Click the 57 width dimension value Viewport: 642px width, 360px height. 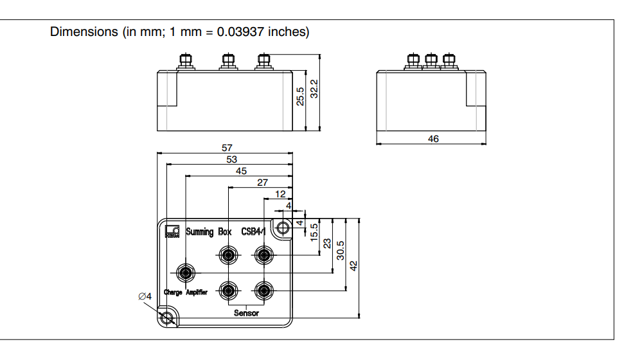[x=227, y=148]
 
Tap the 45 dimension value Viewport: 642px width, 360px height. [x=241, y=171]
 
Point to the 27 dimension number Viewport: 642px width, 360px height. [x=262, y=183]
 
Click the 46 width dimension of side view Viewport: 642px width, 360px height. [x=433, y=138]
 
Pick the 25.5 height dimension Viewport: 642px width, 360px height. [x=300, y=96]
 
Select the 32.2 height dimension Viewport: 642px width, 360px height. [x=314, y=89]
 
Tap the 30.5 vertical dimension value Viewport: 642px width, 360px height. [x=341, y=251]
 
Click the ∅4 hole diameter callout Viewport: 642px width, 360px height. [x=145, y=296]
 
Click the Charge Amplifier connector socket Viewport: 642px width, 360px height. [x=186, y=273]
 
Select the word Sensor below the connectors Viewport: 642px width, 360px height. [x=246, y=313]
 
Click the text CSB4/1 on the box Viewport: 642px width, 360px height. [x=258, y=231]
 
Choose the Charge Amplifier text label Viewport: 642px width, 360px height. [x=185, y=292]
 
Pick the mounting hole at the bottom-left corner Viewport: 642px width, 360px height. [x=168, y=318]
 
